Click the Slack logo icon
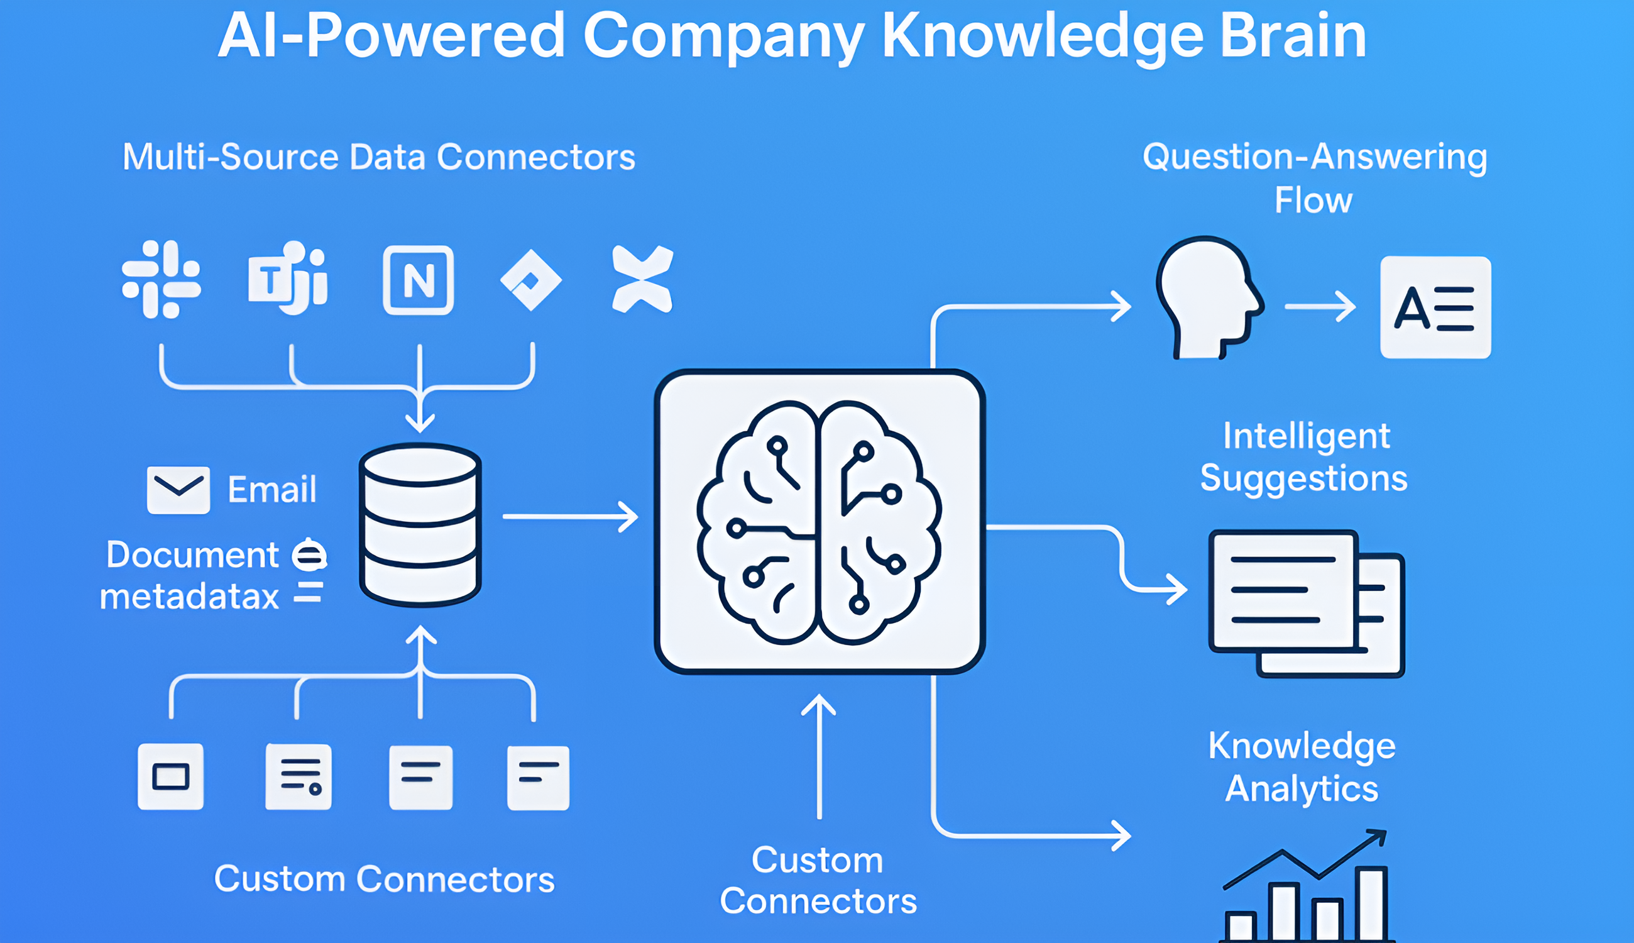pyautogui.click(x=161, y=279)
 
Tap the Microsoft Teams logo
pyautogui.click(x=287, y=278)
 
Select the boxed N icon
pyautogui.click(x=418, y=280)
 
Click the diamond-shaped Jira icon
pyautogui.click(x=531, y=280)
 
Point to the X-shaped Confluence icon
pyautogui.click(x=642, y=279)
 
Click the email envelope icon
pyautogui.click(x=178, y=490)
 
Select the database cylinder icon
pyautogui.click(x=420, y=524)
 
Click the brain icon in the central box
pyautogui.click(x=819, y=522)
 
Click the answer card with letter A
pyautogui.click(x=1435, y=307)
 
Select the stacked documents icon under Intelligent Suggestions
pyautogui.click(x=1306, y=603)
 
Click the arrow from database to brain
pyautogui.click(x=569, y=516)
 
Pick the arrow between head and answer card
pyautogui.click(x=1319, y=306)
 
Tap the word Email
pyautogui.click(x=272, y=490)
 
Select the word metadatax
pyautogui.click(x=189, y=597)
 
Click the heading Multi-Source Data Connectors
pyautogui.click(x=379, y=157)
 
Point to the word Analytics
pyautogui.click(x=1302, y=788)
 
